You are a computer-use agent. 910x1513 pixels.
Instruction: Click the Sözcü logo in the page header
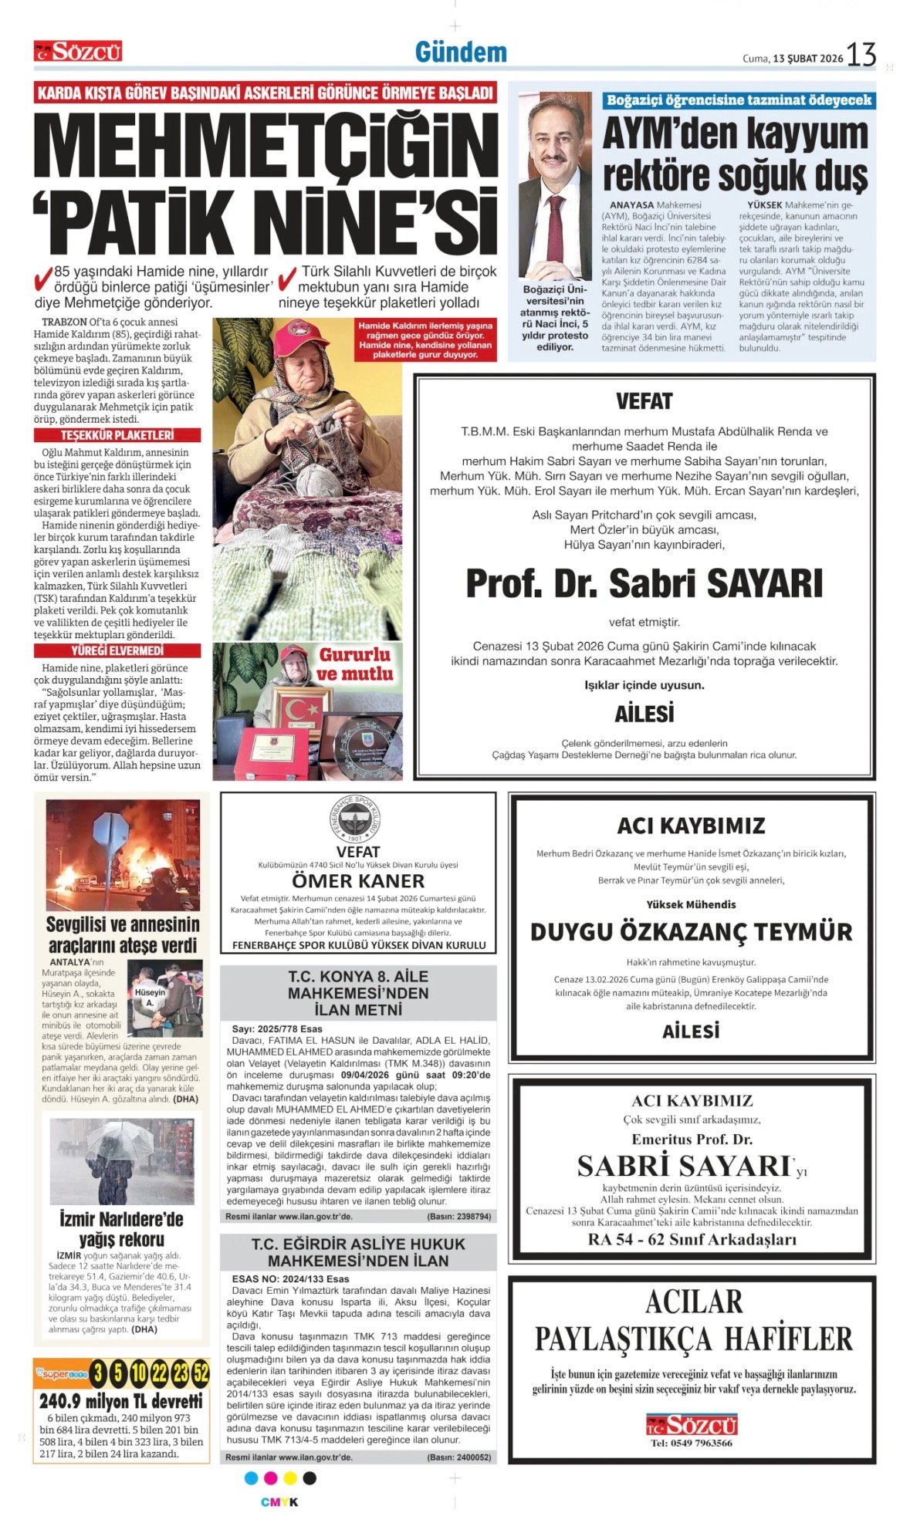pos(78,52)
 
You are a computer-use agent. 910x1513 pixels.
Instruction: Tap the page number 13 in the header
pos(861,55)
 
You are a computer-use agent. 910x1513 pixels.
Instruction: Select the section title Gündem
pos(461,52)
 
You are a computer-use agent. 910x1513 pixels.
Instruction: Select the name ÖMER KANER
pos(358,880)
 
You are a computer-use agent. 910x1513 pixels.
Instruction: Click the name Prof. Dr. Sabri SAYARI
pos(644,583)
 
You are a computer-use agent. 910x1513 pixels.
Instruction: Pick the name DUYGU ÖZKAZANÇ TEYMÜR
pos(691,932)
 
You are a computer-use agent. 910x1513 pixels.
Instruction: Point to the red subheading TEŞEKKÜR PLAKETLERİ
pos(117,435)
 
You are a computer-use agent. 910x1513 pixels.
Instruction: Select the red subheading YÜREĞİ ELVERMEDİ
pos(117,650)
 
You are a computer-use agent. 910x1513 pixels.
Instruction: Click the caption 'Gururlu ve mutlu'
pos(354,664)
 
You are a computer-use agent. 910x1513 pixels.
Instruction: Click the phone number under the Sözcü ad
pos(691,1443)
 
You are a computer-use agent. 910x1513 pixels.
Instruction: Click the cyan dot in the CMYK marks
pos(250,1478)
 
